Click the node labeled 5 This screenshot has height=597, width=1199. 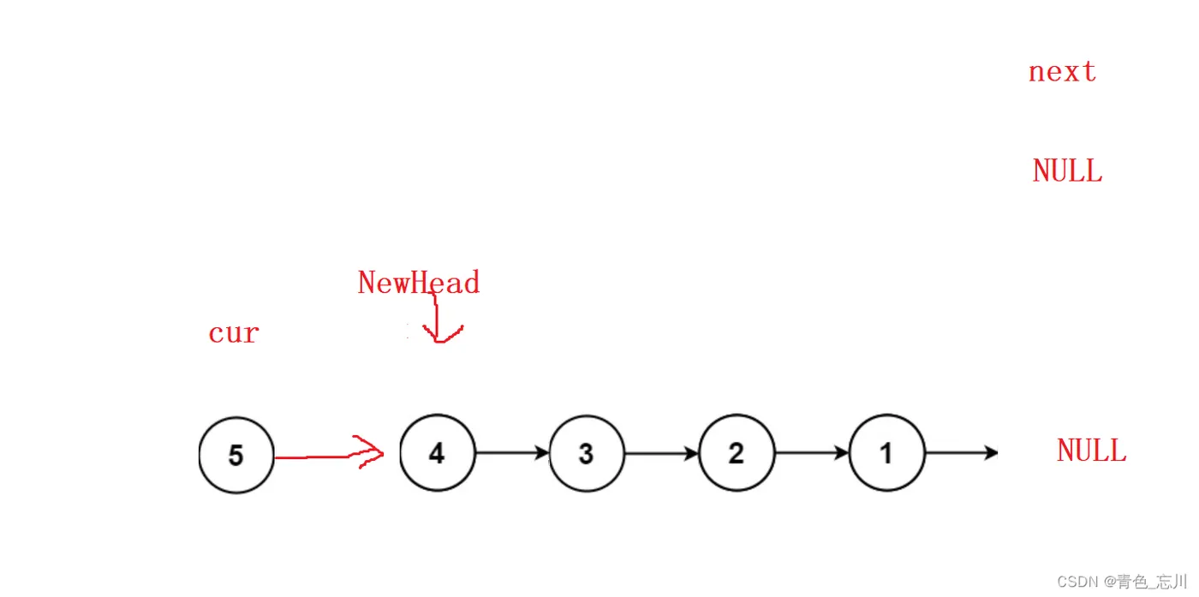coord(236,455)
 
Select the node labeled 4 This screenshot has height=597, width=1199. coord(437,453)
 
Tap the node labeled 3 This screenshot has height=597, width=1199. coord(587,453)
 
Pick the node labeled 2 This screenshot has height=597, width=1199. coord(737,453)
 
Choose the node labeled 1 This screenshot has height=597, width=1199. coord(886,453)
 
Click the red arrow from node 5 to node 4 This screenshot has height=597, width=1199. coord(325,457)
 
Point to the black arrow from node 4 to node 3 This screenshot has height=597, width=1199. coord(512,452)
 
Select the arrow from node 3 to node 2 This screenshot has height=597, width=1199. coord(662,453)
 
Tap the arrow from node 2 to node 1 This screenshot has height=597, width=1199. coord(812,453)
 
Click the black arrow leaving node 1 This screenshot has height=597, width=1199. coord(961,452)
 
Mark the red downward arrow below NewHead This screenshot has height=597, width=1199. coord(438,317)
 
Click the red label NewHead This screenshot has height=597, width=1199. coord(418,283)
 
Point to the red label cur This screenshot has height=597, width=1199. coord(233,332)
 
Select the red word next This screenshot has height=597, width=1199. coord(1062,72)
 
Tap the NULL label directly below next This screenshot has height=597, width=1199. coord(1067,171)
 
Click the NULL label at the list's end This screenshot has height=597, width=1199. coord(1091,451)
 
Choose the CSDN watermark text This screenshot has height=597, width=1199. coord(1122,582)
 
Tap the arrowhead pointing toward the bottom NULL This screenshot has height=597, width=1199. coord(992,452)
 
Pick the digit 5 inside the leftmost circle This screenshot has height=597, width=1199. coord(236,456)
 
